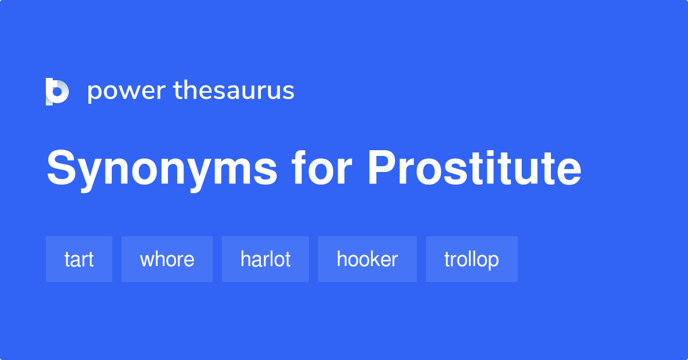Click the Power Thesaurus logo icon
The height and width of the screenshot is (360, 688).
point(57,92)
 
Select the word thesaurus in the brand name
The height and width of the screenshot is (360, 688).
point(234,90)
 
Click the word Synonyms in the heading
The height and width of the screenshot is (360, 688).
point(162,170)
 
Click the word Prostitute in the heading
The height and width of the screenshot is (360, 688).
point(475,168)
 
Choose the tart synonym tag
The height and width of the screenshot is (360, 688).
point(79,259)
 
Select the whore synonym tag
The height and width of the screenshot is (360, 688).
point(167,259)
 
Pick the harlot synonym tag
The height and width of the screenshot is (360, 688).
point(265,259)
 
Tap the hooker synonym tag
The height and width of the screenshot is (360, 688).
point(368,259)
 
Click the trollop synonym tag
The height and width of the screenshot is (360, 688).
point(472,259)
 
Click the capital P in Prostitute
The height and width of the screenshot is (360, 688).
point(381,167)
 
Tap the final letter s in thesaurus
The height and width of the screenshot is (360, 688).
point(288,91)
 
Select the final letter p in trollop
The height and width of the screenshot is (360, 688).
point(493,261)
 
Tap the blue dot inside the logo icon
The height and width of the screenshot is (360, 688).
point(57,91)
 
